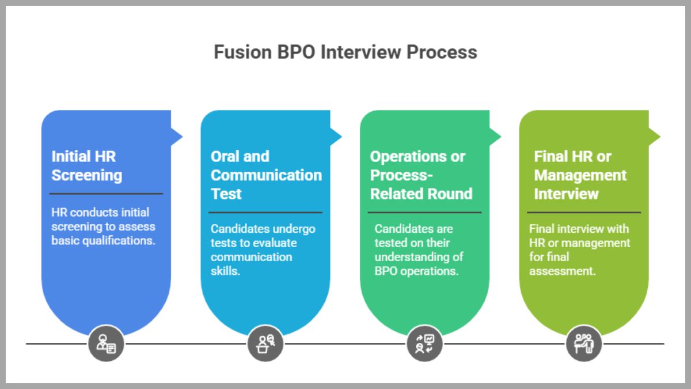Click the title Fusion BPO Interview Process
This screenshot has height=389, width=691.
345,52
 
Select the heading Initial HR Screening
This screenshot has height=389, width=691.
87,165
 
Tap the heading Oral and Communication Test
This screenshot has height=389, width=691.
265,175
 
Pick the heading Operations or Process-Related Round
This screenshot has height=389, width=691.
421,175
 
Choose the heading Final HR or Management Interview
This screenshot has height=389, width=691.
580,175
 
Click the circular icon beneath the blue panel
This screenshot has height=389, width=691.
106,344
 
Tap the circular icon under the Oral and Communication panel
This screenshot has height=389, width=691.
265,344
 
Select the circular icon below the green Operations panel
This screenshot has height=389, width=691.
424,344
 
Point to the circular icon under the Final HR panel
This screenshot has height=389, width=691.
583,344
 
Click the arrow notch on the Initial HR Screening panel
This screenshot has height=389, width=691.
176,137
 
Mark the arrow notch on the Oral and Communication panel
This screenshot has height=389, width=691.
336,137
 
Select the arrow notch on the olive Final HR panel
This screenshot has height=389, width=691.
654,137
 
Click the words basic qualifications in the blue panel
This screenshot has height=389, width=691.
103,241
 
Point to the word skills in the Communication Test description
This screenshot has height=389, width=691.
225,270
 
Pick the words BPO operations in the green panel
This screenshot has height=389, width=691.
416,270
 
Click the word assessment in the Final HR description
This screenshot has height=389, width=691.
562,270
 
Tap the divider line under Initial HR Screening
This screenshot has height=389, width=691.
107,194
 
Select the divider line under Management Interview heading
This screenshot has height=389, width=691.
584,212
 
